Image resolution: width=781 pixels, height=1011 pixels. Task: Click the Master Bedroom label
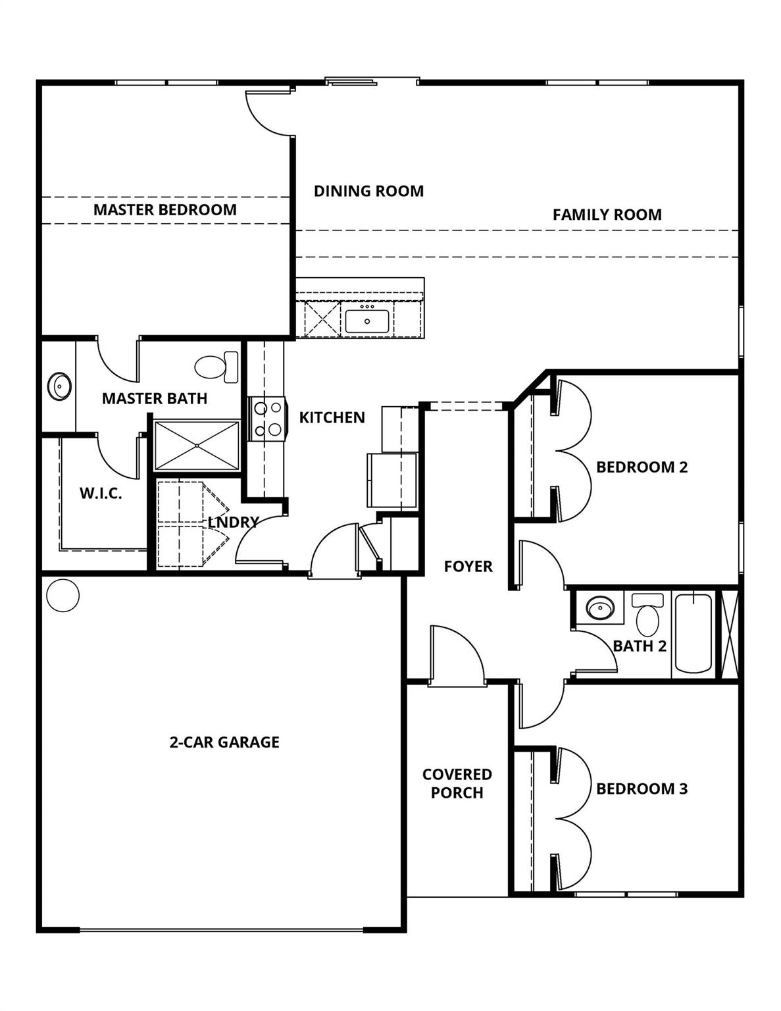point(164,210)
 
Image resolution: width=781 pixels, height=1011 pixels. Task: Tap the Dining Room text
point(368,192)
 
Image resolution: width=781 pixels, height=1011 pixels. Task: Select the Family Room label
point(607,215)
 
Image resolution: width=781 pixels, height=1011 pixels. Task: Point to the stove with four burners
point(268,419)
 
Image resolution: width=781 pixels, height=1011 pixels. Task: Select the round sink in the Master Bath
point(60,386)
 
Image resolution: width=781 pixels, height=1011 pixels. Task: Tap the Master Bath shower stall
point(197,446)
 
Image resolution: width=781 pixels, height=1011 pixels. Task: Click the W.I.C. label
point(101,494)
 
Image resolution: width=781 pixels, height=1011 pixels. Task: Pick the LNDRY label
point(233,522)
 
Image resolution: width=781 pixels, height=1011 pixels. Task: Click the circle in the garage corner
point(63,595)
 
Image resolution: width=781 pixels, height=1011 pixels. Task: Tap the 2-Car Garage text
point(224,742)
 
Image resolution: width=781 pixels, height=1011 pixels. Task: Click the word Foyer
point(468,567)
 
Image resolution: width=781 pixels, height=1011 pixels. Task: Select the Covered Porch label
point(457,783)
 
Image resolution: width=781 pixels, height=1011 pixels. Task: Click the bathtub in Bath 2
point(693,633)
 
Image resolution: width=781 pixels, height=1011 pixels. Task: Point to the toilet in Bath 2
point(647,615)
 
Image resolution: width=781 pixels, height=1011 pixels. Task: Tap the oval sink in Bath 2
point(599,608)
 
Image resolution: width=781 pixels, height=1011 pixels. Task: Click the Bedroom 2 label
point(642,467)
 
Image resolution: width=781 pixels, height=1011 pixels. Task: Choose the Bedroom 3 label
point(642,789)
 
